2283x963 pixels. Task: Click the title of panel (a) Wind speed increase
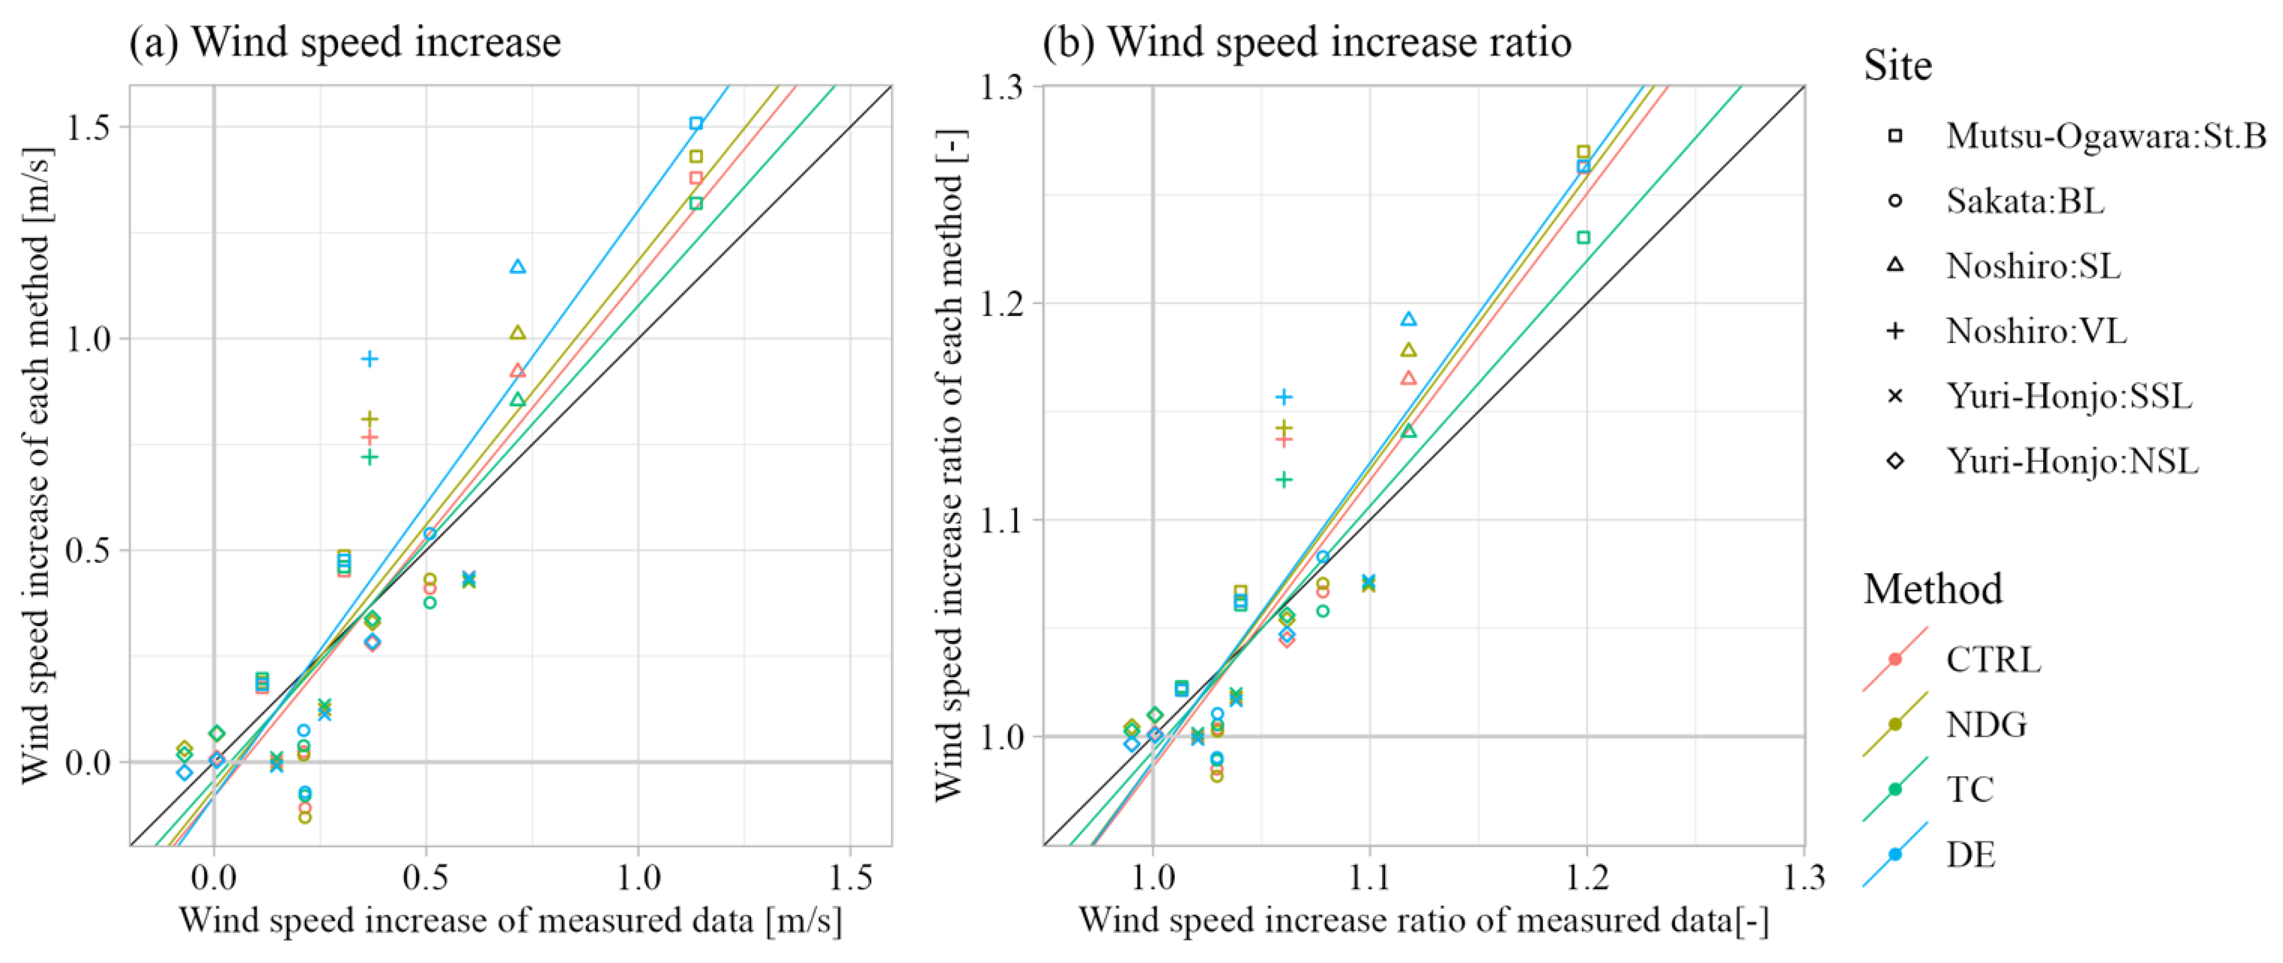pos(345,42)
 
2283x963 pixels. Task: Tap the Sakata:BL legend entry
pos(2024,202)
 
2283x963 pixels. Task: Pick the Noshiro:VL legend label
pos(2036,331)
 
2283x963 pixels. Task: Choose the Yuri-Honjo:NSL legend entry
pos(2071,461)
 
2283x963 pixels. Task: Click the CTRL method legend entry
pos(1993,660)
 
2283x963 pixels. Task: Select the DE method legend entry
pos(1970,855)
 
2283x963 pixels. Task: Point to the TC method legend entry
pos(1969,789)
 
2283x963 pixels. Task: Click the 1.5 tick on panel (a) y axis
pos(89,127)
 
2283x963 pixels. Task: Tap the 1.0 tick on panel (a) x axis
pos(638,877)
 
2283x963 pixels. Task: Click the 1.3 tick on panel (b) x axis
pos(1804,877)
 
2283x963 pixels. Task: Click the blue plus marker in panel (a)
pos(370,359)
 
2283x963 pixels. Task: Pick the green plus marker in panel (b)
pos(1283,480)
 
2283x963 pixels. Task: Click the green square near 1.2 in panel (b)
pos(1583,238)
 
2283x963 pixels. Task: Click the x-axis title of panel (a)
pos(511,921)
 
